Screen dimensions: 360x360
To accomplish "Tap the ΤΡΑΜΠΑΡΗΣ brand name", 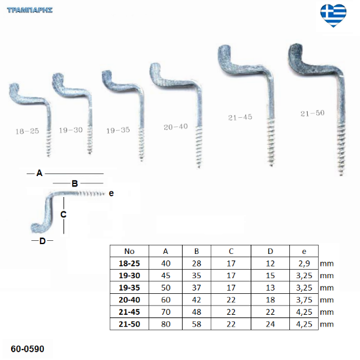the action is coord(30,10).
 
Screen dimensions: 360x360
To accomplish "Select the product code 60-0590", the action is coord(27,349).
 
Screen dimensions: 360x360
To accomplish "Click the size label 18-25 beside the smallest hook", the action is coord(27,132).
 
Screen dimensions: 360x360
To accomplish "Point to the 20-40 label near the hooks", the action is coord(175,127).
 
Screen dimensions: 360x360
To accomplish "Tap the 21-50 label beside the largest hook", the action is coord(312,113).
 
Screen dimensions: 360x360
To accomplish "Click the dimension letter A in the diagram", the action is coord(39,173).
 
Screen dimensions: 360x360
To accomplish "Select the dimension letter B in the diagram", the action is coord(75,183).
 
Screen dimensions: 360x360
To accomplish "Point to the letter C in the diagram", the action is coord(63,215).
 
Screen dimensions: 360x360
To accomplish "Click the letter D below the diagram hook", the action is coord(43,241).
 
